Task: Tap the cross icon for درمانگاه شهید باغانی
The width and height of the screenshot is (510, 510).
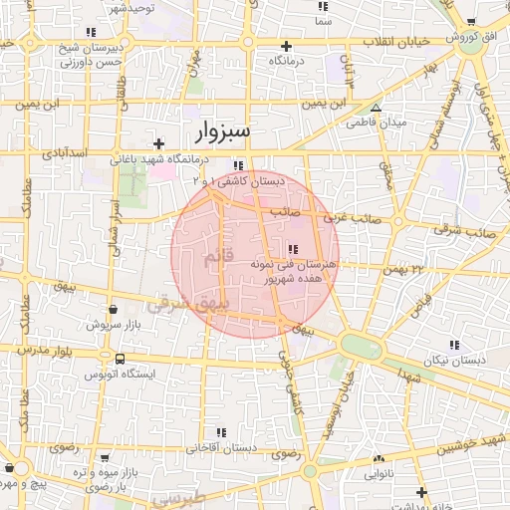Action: [x=158, y=143]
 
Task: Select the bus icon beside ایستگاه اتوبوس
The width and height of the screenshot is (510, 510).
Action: [x=120, y=360]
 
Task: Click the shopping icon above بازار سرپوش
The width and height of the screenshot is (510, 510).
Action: [x=113, y=310]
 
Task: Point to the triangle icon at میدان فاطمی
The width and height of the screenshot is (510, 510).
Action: [x=376, y=108]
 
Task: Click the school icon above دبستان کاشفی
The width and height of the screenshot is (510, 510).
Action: [x=238, y=166]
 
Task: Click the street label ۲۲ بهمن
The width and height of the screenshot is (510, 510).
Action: [x=403, y=268]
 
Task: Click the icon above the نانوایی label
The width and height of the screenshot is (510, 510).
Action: [x=379, y=459]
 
